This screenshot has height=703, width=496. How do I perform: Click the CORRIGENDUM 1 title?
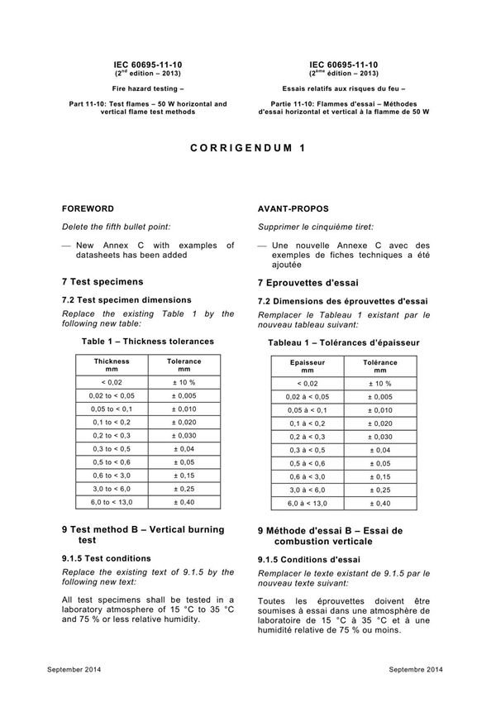(248, 150)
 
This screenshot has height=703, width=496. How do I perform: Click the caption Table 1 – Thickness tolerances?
(148, 341)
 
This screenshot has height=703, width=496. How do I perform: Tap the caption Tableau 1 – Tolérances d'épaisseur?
(344, 342)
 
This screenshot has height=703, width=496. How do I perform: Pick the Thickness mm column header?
(112, 366)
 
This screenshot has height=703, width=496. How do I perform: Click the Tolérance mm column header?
(379, 367)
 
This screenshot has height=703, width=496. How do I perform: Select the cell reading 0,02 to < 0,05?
(112, 396)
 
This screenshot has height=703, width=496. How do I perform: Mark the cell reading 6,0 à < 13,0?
(308, 503)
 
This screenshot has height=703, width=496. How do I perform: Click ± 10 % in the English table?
(184, 382)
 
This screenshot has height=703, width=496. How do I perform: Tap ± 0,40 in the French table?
(379, 503)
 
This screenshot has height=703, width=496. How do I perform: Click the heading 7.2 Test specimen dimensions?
(126, 299)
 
